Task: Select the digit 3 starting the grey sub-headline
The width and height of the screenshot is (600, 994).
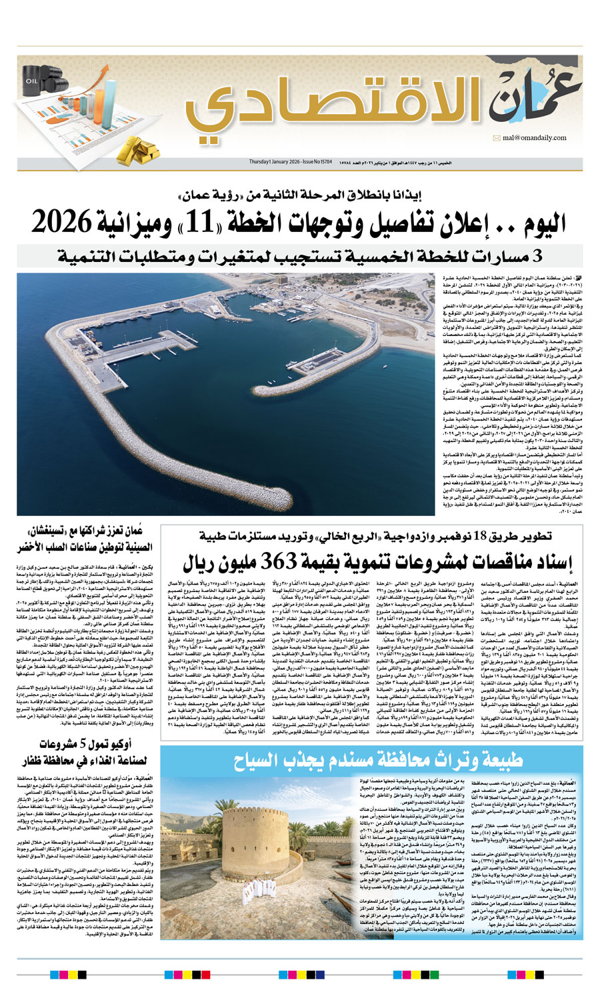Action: click(537, 255)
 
